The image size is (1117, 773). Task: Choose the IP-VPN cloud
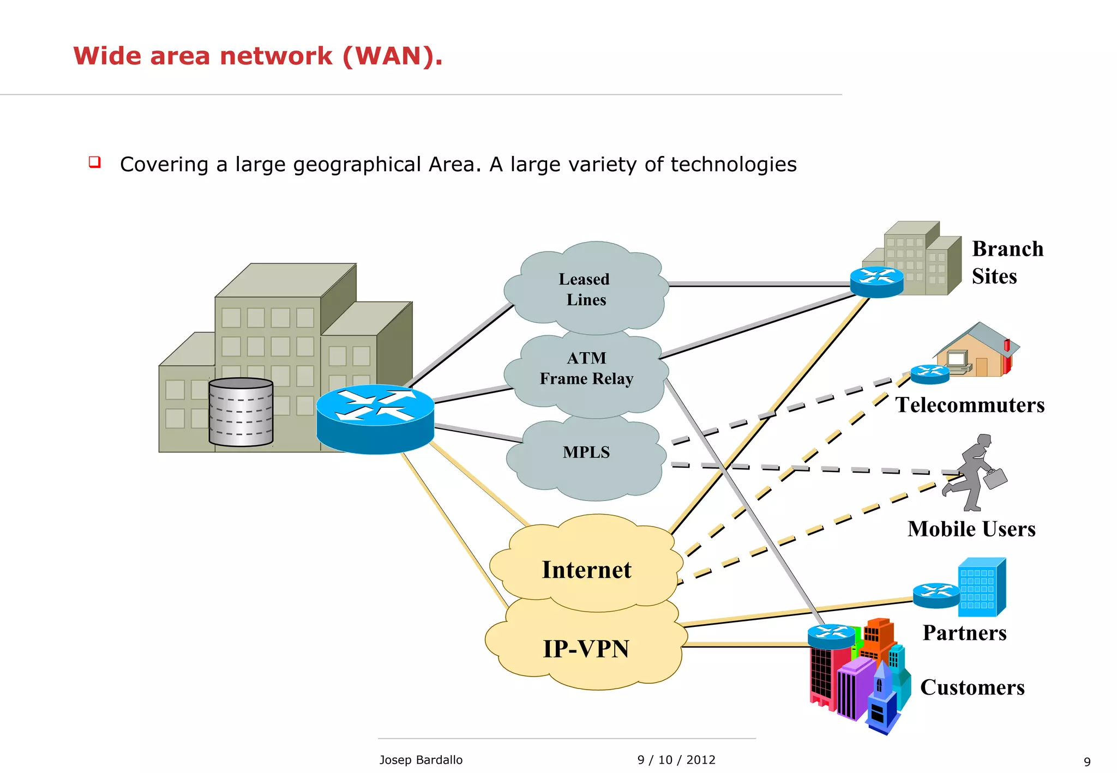(586, 649)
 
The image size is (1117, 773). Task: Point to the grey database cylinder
(241, 412)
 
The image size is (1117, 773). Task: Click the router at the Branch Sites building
(876, 281)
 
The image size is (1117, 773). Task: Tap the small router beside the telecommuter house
(930, 374)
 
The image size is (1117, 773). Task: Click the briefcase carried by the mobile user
(995, 479)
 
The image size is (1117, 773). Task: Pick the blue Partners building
(982, 587)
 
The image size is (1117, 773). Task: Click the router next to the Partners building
(936, 595)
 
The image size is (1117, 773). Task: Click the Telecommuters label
(970, 405)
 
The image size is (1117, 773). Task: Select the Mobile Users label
(971, 529)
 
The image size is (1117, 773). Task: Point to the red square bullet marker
(95, 162)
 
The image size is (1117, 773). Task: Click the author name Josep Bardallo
(421, 760)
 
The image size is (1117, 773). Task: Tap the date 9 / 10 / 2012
(676, 760)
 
